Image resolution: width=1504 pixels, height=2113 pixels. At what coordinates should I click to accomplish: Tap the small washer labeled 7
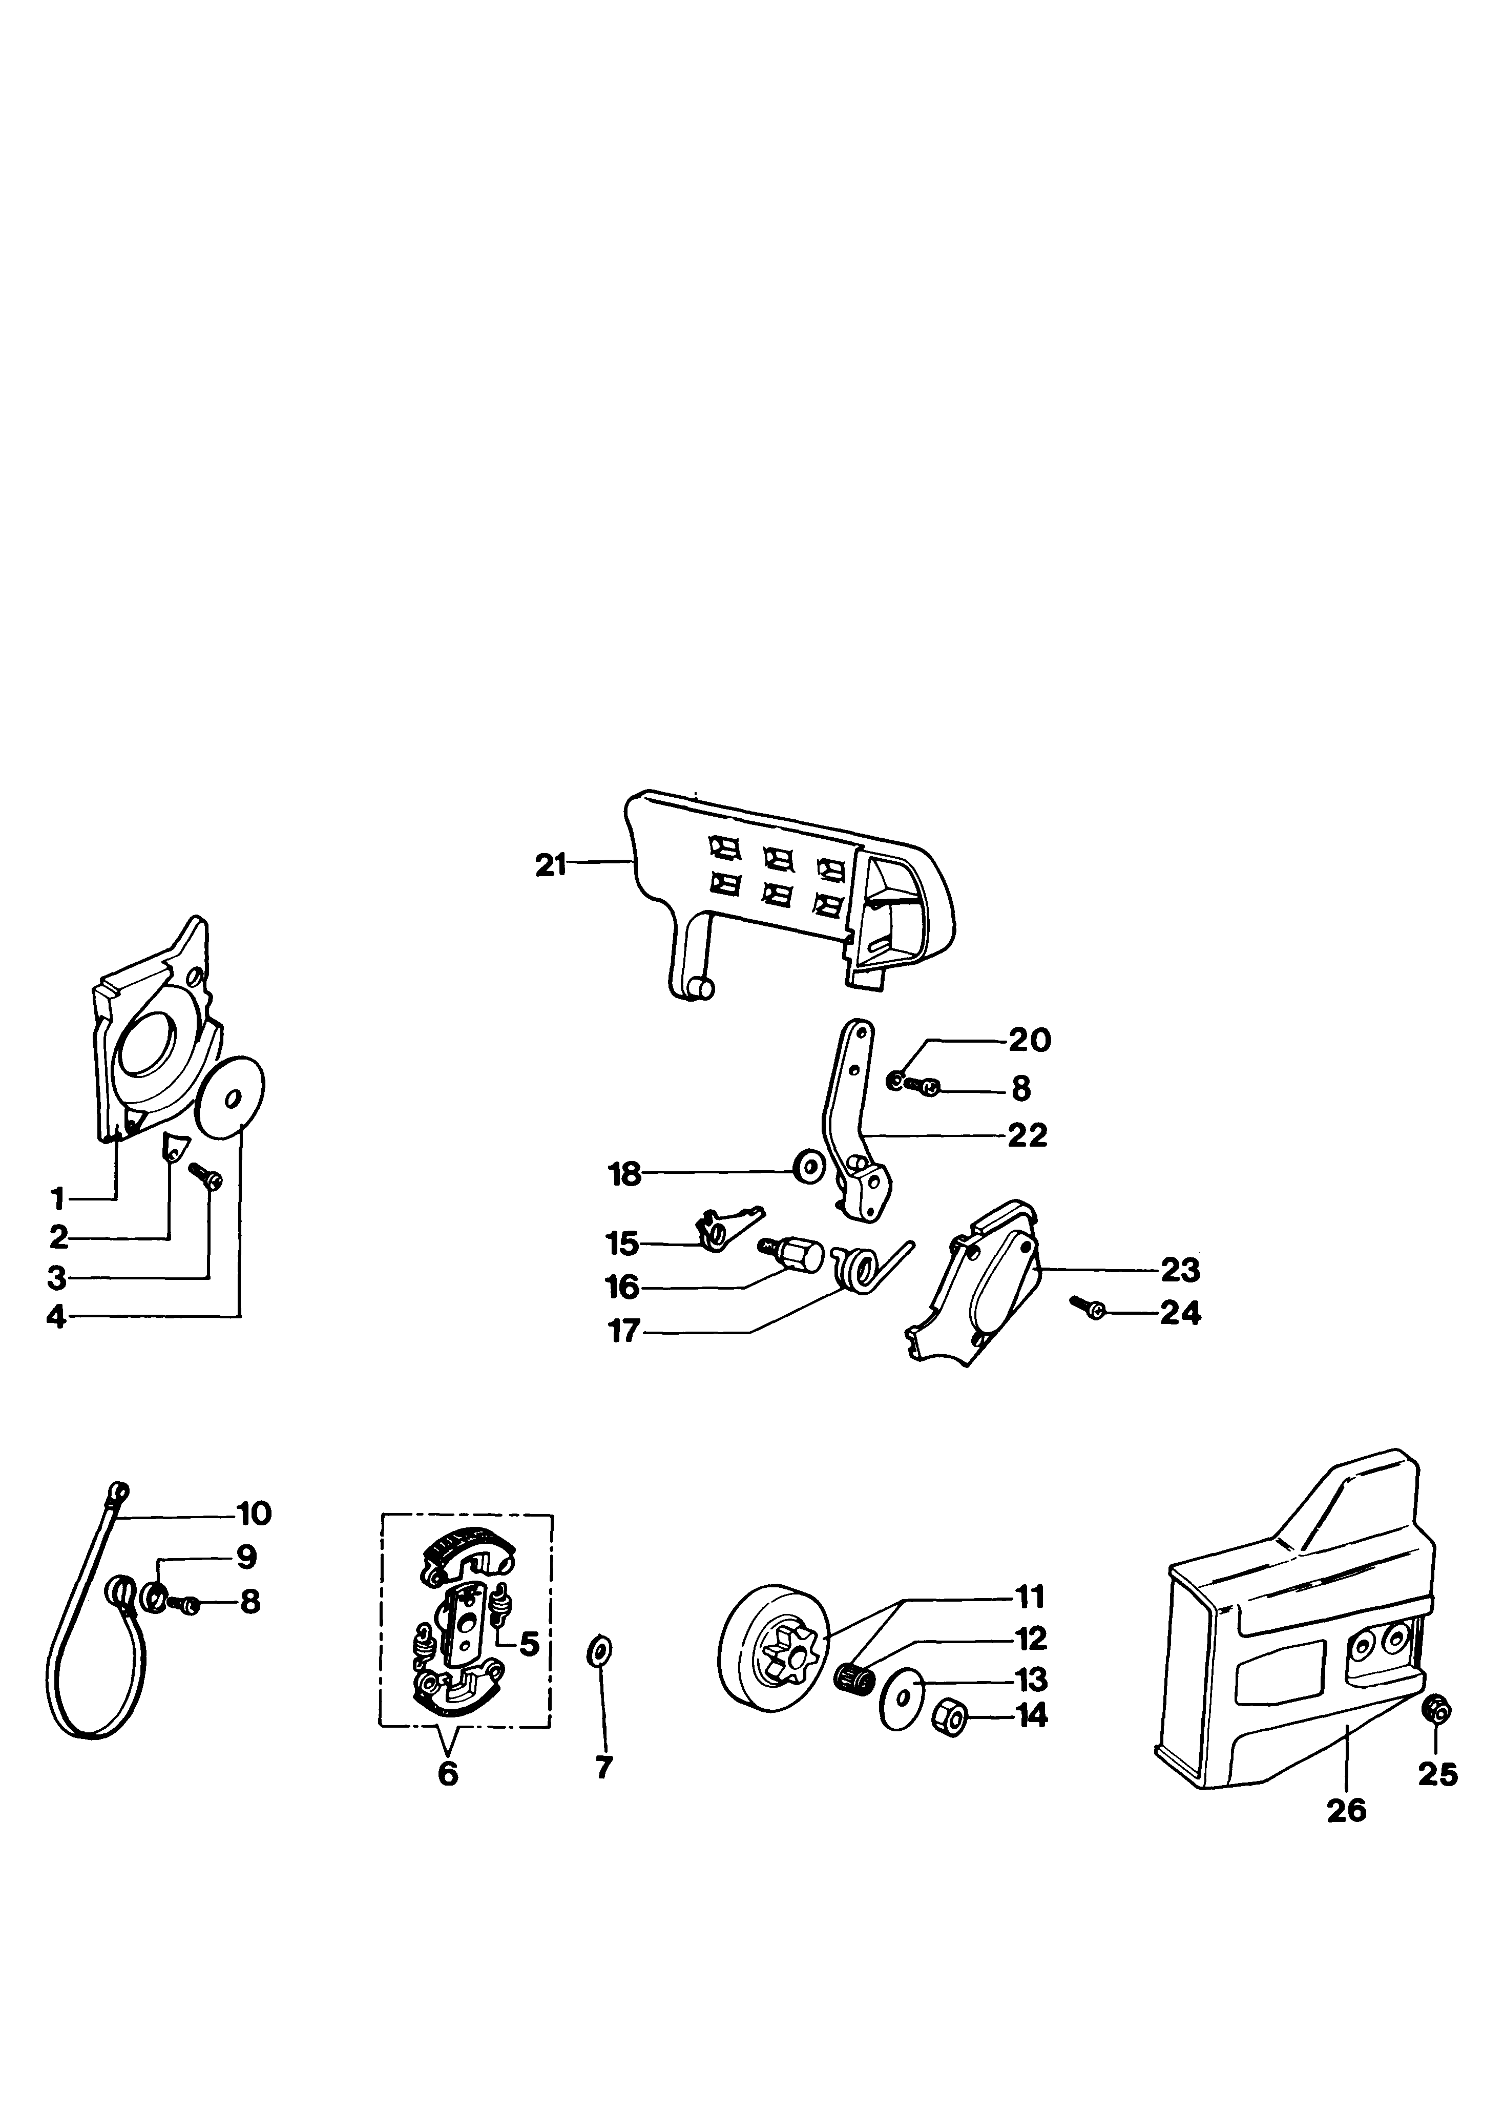(599, 1650)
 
